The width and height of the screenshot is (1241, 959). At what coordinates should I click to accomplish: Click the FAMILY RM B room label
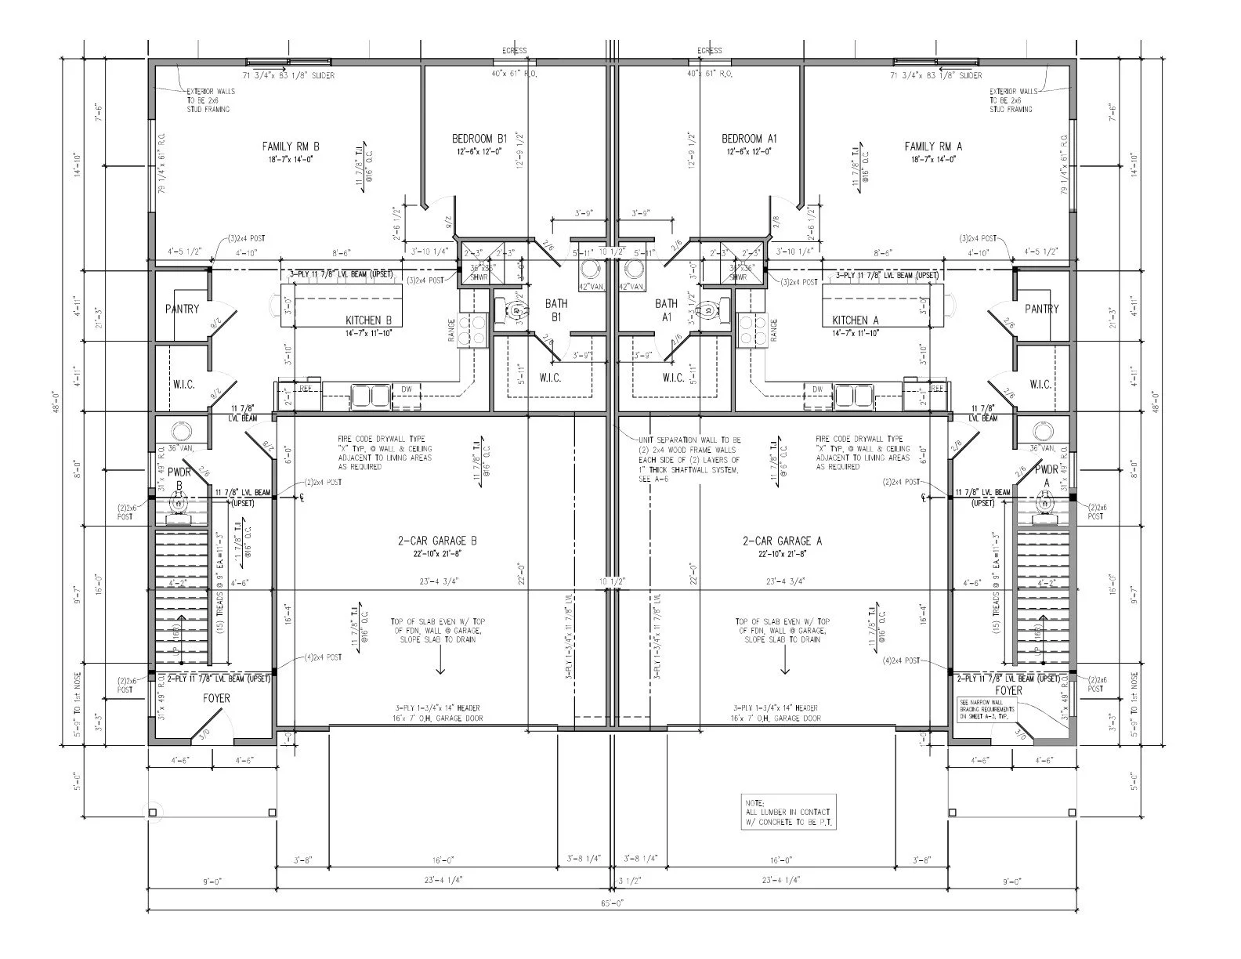[291, 147]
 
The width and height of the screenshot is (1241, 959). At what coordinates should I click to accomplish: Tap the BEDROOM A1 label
[748, 139]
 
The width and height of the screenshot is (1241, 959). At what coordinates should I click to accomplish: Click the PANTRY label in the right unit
[1041, 309]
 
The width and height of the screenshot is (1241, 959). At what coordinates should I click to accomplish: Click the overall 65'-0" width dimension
[611, 903]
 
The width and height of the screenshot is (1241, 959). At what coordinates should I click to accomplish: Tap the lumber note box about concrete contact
[789, 812]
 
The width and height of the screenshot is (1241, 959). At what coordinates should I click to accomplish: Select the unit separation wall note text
[689, 459]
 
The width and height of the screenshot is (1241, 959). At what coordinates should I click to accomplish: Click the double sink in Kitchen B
[371, 395]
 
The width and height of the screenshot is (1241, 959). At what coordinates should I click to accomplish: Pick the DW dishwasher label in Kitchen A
[818, 389]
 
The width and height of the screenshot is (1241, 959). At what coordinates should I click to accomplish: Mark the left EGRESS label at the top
[514, 51]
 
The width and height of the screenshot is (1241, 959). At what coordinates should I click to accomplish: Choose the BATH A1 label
[667, 309]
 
